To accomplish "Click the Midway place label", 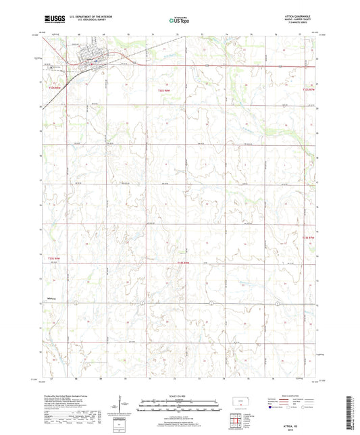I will tap(50, 298).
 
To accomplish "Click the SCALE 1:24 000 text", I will tap(179, 396).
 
